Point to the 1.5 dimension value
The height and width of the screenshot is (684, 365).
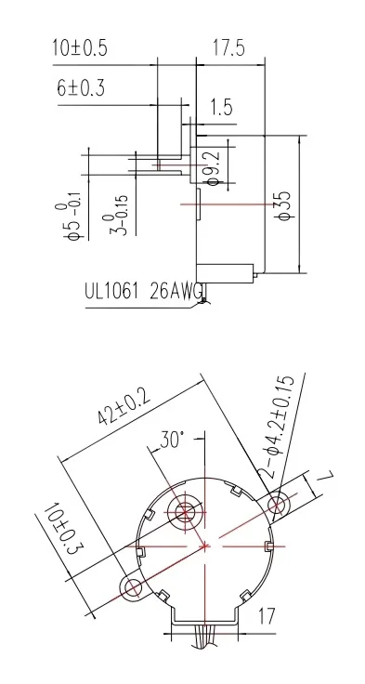[x=220, y=108]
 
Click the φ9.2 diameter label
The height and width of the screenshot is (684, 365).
[x=211, y=167]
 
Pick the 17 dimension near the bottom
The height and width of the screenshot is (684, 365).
[x=266, y=614]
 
